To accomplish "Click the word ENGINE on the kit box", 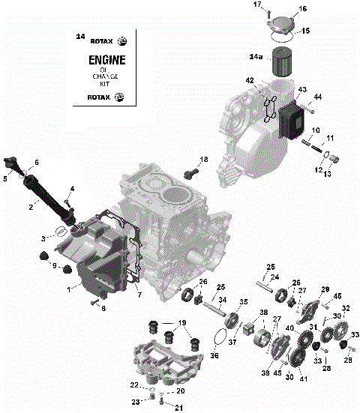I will coord(107,59).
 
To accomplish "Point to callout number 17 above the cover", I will coord(257,5).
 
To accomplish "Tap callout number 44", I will coord(317,97).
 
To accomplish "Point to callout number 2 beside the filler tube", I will coord(32,206).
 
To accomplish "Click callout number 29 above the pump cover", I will coord(325,289).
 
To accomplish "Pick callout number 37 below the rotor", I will coord(232,343).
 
